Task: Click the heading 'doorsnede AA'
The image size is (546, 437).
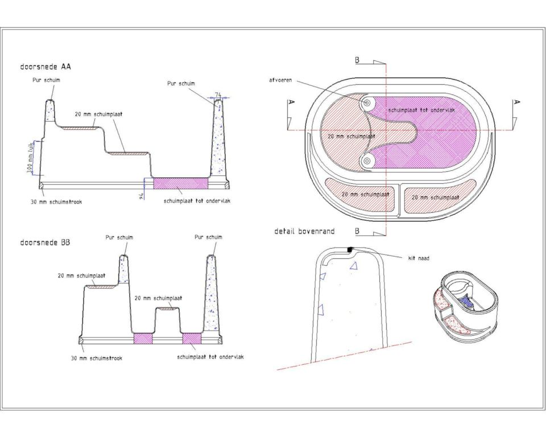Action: click(x=45, y=67)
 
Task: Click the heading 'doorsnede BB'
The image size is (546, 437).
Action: click(x=45, y=242)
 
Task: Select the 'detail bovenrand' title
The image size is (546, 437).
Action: click(x=304, y=231)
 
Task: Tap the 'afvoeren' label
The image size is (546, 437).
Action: click(x=280, y=80)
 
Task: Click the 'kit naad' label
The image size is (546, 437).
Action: click(x=419, y=258)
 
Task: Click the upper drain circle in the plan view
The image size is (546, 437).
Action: click(x=367, y=103)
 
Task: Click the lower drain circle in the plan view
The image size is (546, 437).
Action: click(x=366, y=160)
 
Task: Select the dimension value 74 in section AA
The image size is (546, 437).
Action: click(x=218, y=94)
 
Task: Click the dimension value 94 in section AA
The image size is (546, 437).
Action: click(x=142, y=196)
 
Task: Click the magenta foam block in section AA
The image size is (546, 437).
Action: click(x=181, y=183)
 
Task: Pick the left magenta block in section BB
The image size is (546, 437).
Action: click(x=143, y=338)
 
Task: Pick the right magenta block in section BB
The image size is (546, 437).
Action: click(x=192, y=338)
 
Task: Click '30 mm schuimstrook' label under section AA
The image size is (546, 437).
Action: click(x=56, y=202)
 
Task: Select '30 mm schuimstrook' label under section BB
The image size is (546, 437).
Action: click(x=97, y=358)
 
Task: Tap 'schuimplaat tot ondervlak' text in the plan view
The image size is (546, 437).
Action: click(x=421, y=110)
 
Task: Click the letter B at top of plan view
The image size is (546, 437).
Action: click(x=357, y=60)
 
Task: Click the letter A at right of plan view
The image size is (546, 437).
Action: click(x=517, y=102)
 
